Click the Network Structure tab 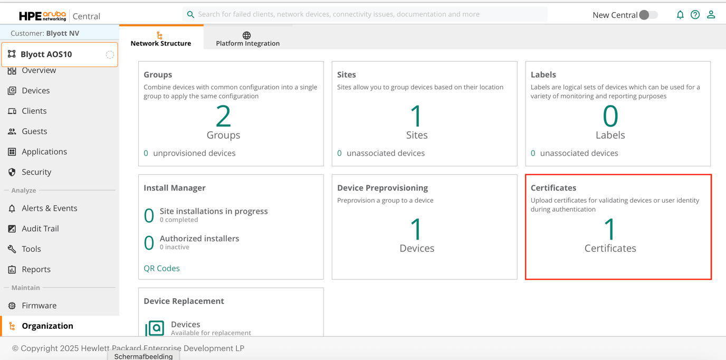coord(161,39)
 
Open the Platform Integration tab coord(247,39)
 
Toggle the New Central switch coord(648,15)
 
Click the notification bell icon coord(680,15)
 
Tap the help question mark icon coord(695,15)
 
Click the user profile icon coord(711,15)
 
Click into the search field coord(364,14)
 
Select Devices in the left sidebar coord(35,91)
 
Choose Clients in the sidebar coord(34,111)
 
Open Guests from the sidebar coord(34,131)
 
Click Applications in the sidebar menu coord(44,151)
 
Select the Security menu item coord(36,172)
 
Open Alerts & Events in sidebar coord(49,209)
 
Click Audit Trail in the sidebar coord(40,229)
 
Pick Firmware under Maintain coord(39,306)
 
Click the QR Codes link coord(161,268)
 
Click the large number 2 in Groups coord(223,116)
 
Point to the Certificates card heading coord(553,188)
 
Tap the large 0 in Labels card coord(610,116)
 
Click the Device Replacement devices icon coord(155,328)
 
